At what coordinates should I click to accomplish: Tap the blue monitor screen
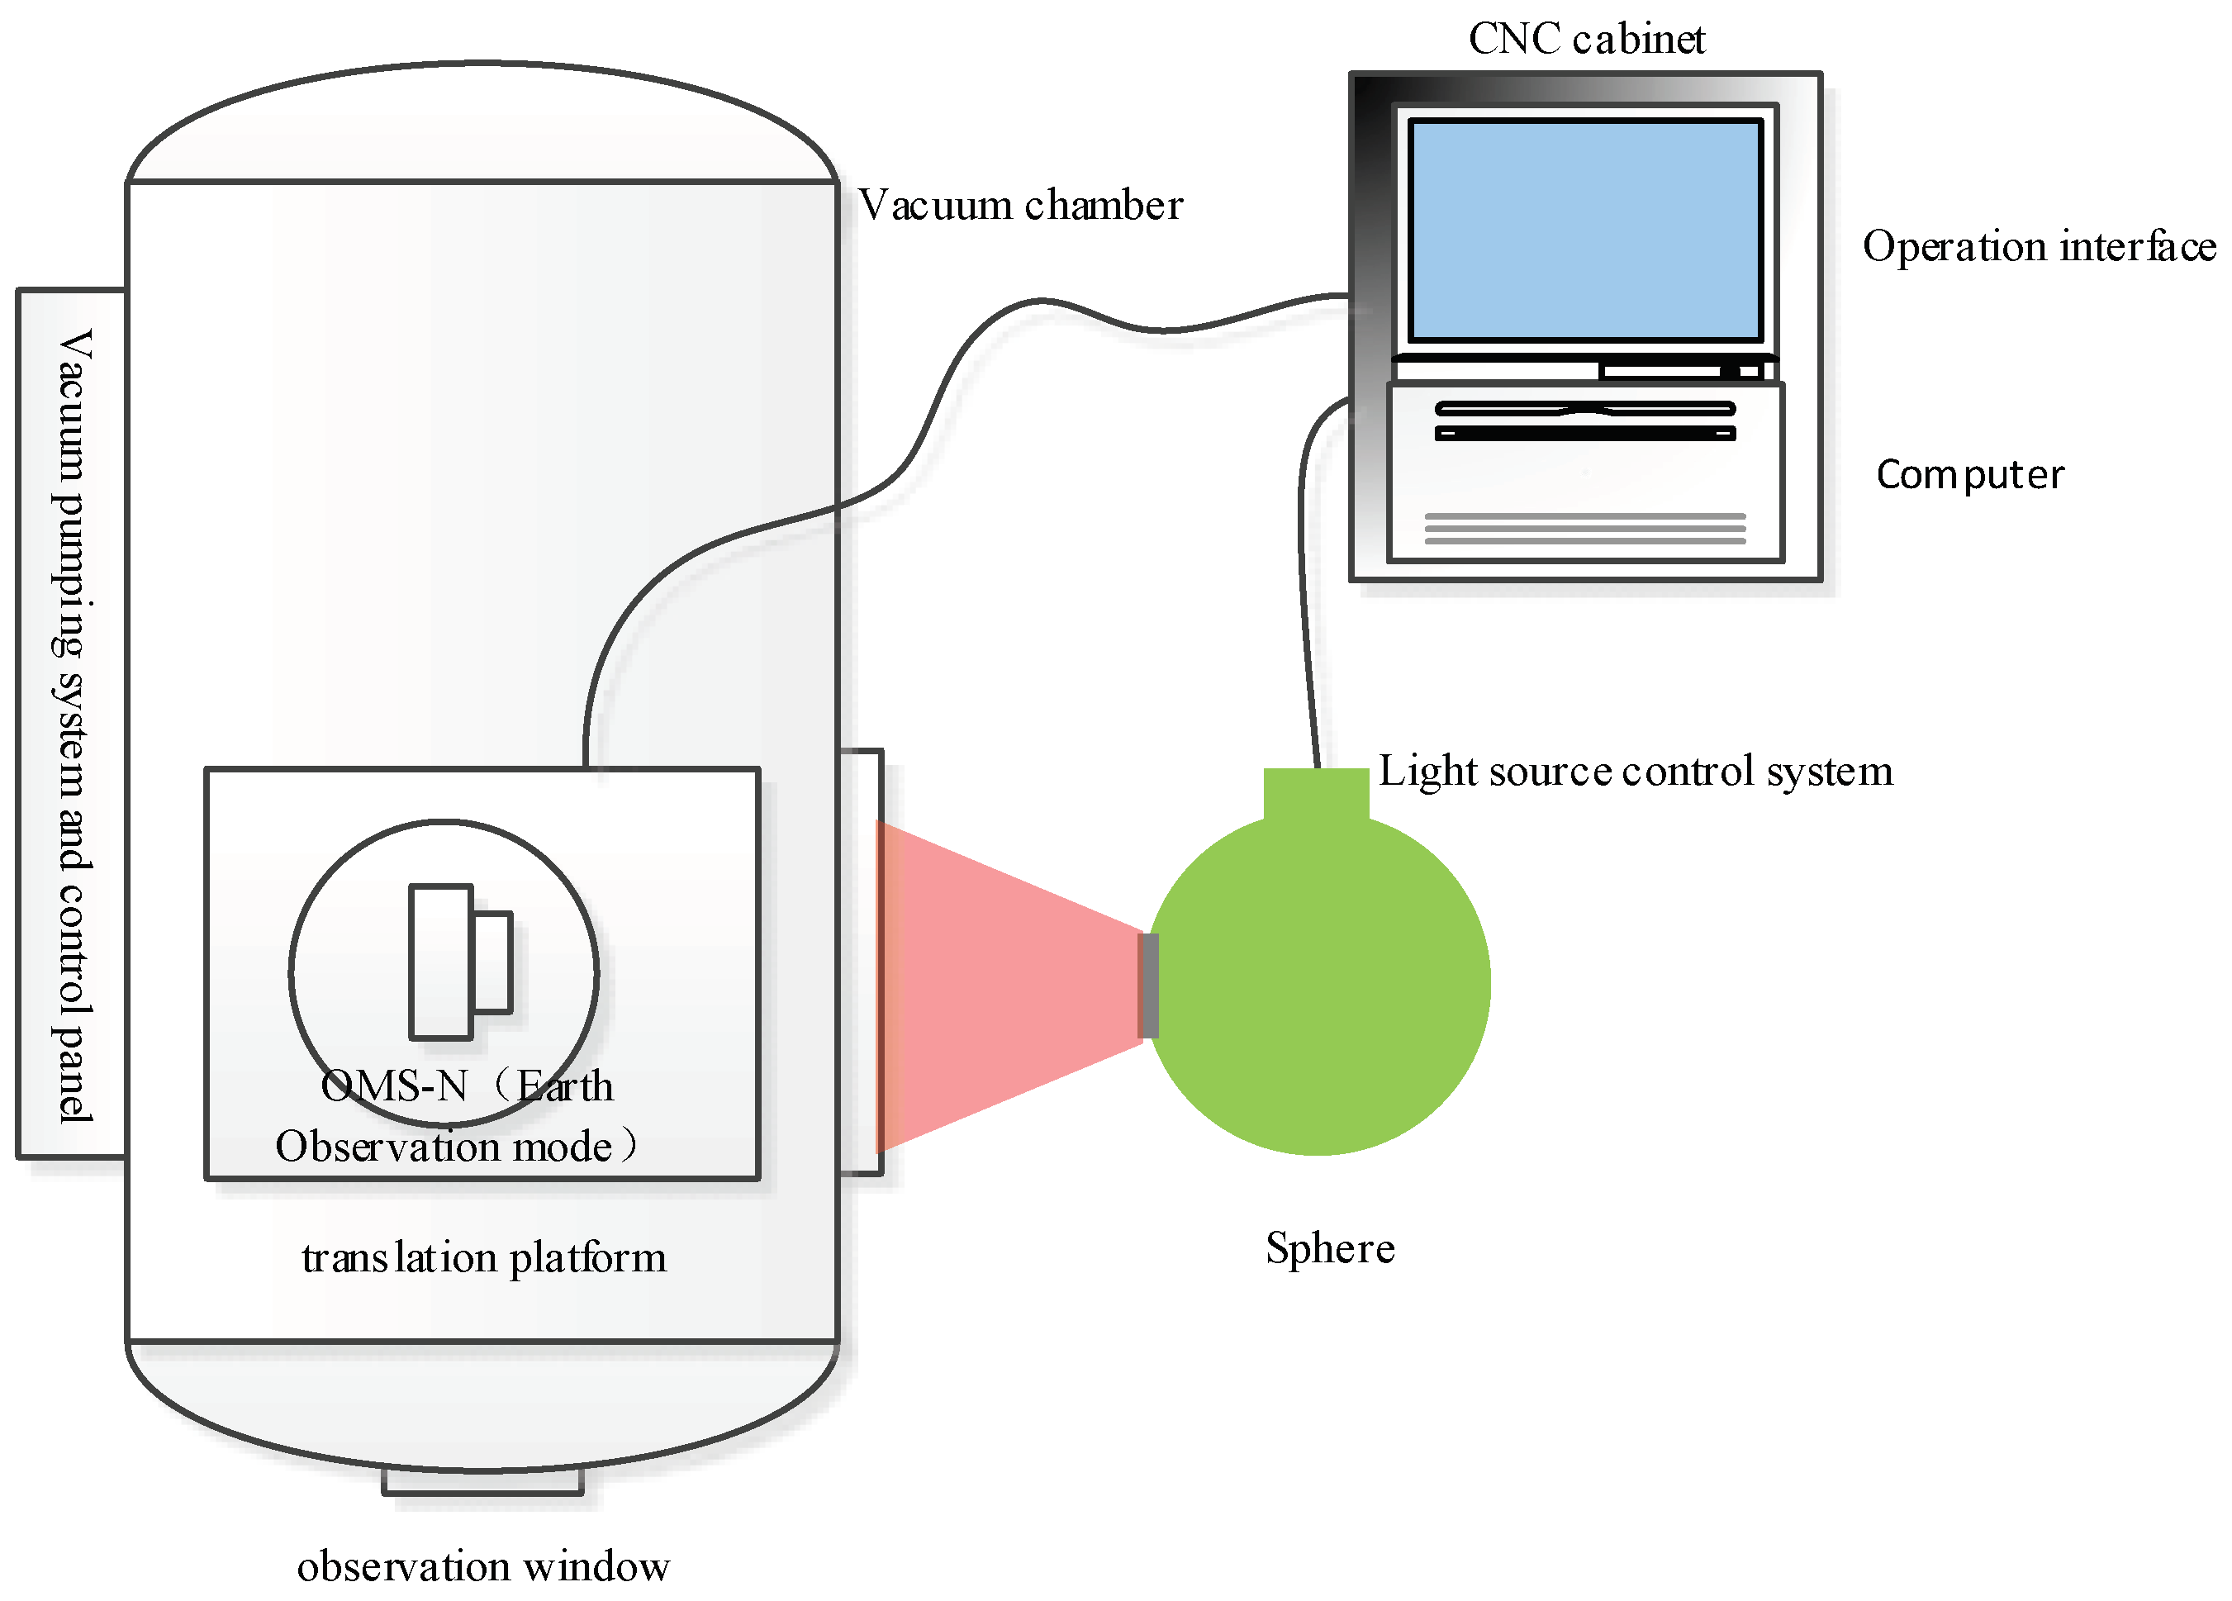pos(1584,230)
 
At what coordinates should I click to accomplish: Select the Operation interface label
pos(2038,246)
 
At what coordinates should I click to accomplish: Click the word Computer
pos(1969,474)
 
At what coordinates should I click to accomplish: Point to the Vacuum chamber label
pos(1019,206)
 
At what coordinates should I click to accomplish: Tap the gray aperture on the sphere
pos(1147,985)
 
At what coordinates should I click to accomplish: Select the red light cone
pos(994,985)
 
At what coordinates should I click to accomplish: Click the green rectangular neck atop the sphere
pos(1316,793)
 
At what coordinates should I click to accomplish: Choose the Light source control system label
pos(1635,771)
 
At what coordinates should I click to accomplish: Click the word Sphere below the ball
pos(1330,1247)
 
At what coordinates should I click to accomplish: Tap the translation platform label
pos(483,1257)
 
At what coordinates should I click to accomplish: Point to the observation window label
pos(483,1565)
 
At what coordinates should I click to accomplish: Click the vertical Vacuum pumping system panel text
pos(73,726)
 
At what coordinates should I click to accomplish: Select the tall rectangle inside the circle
pos(440,962)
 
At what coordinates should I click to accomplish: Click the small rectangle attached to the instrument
pos(493,962)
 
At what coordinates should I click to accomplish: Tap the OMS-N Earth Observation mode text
pos(458,1117)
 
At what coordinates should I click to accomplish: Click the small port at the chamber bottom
pos(482,1482)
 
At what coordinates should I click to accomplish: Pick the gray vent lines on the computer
pos(1584,529)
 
